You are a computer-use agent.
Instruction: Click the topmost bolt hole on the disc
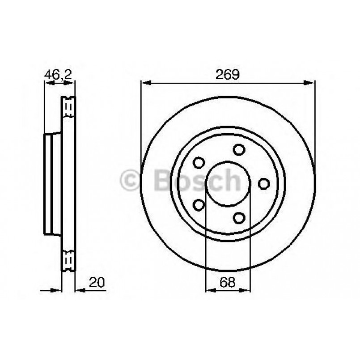tap(240, 150)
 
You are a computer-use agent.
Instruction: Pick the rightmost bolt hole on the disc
tap(264, 183)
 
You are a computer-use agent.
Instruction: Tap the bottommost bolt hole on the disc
tap(240, 217)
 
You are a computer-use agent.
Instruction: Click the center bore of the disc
tap(228, 184)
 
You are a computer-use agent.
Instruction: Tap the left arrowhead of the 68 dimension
tap(209, 289)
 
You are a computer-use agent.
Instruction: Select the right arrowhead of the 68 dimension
tap(247, 289)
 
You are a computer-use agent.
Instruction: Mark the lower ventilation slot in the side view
tap(68, 259)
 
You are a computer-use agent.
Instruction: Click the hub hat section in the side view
tap(52, 183)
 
